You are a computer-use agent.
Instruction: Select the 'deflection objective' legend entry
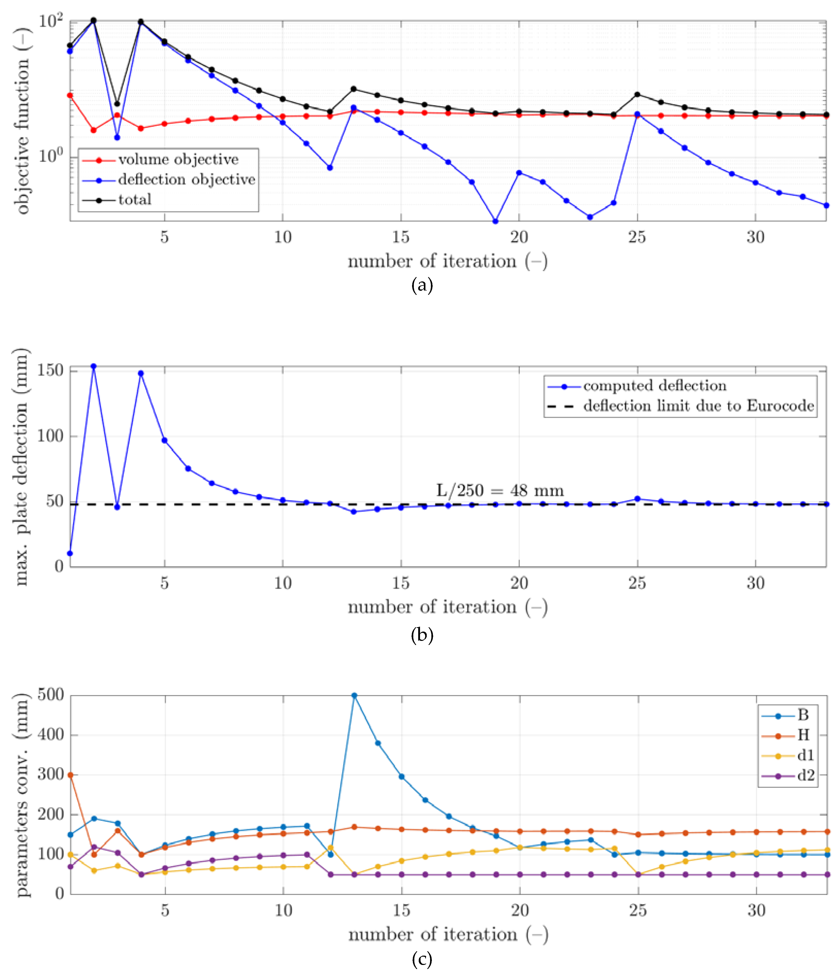pyautogui.click(x=186, y=180)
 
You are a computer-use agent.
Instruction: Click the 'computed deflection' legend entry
pyautogui.click(x=654, y=386)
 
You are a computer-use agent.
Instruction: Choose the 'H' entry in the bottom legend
pyautogui.click(x=803, y=735)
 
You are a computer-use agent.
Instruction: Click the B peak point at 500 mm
pyautogui.click(x=354, y=695)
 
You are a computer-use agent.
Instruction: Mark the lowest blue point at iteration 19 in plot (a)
pyautogui.click(x=495, y=221)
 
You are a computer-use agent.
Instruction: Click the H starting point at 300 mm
pyautogui.click(x=70, y=775)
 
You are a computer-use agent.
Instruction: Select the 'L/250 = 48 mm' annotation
pyautogui.click(x=500, y=491)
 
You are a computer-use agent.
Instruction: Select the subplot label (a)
pyautogui.click(x=422, y=285)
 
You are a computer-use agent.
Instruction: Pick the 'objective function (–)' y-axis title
pyautogui.click(x=22, y=121)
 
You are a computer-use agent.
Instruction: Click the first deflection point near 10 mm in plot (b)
pyautogui.click(x=70, y=553)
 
